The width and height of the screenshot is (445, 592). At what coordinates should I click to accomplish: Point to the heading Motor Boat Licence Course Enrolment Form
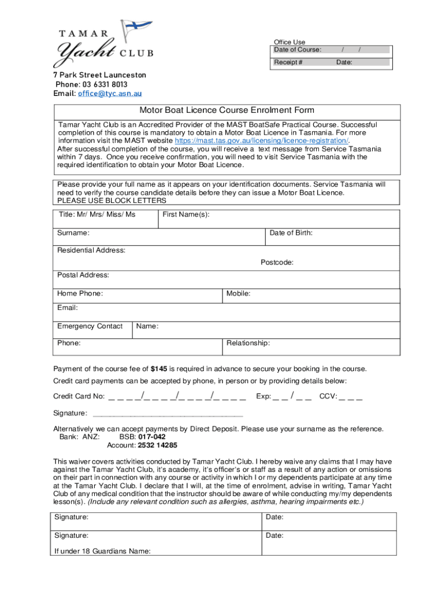click(x=227, y=110)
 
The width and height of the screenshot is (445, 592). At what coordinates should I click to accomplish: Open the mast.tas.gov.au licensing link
click(x=262, y=140)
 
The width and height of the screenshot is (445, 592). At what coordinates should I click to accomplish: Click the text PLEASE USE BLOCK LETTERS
click(x=112, y=201)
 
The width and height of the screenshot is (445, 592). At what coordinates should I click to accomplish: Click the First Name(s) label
click(x=186, y=214)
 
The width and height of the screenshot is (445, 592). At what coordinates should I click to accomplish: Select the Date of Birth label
click(x=291, y=233)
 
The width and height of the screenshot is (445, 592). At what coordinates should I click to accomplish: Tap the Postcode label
click(x=277, y=262)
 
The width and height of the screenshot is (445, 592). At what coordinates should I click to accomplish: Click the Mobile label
click(x=238, y=294)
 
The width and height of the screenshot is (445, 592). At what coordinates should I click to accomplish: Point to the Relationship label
click(x=248, y=343)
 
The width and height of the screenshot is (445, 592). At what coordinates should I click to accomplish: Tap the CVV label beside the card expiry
click(x=328, y=397)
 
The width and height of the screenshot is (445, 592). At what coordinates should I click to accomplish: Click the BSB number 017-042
click(x=151, y=437)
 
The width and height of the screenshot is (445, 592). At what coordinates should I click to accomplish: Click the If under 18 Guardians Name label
click(x=102, y=551)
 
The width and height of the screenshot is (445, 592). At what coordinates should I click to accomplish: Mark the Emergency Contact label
click(x=90, y=326)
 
